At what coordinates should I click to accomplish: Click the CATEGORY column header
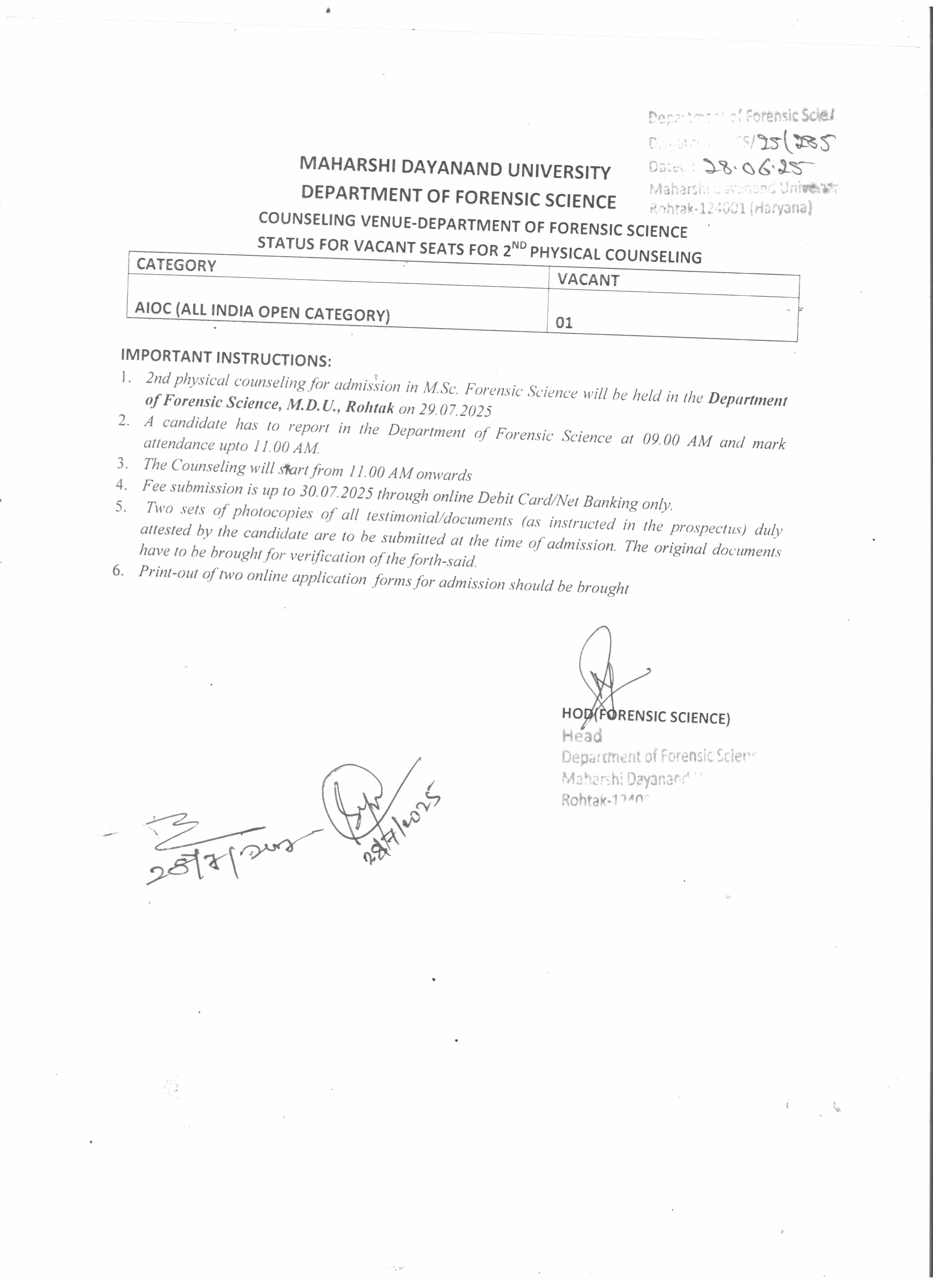(176, 265)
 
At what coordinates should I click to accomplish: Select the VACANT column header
(588, 280)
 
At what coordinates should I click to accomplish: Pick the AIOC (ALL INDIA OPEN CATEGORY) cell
(262, 311)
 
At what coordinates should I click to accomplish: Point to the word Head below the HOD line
(582, 735)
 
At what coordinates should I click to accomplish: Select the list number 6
(118, 570)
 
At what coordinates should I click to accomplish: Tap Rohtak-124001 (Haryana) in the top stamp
(730, 208)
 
